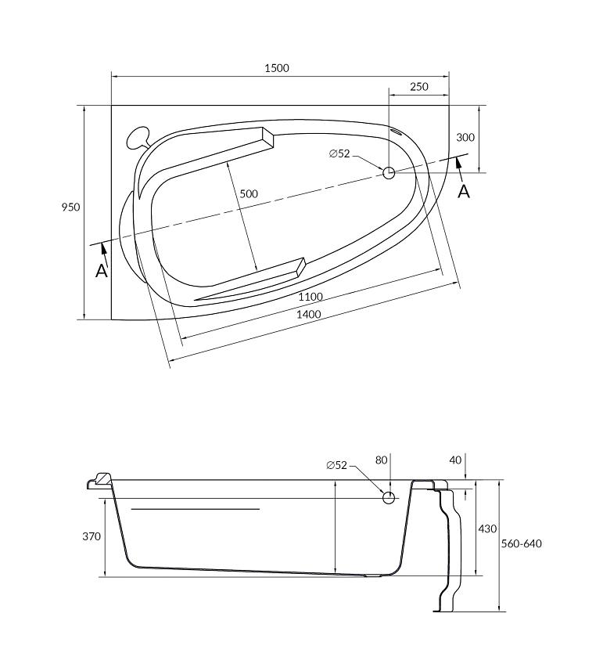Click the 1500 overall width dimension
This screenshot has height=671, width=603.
point(277,68)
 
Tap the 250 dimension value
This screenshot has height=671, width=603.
point(418,87)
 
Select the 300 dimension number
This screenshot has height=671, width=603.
point(465,137)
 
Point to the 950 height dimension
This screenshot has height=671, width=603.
point(70,207)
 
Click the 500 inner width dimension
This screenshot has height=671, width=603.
point(248,194)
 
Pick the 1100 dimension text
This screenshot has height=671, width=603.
point(310,297)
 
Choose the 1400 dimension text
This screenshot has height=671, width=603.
point(309,315)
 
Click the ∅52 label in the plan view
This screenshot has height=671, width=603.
point(339,153)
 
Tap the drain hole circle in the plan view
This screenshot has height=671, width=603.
point(389,173)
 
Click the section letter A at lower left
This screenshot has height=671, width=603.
point(102,271)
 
